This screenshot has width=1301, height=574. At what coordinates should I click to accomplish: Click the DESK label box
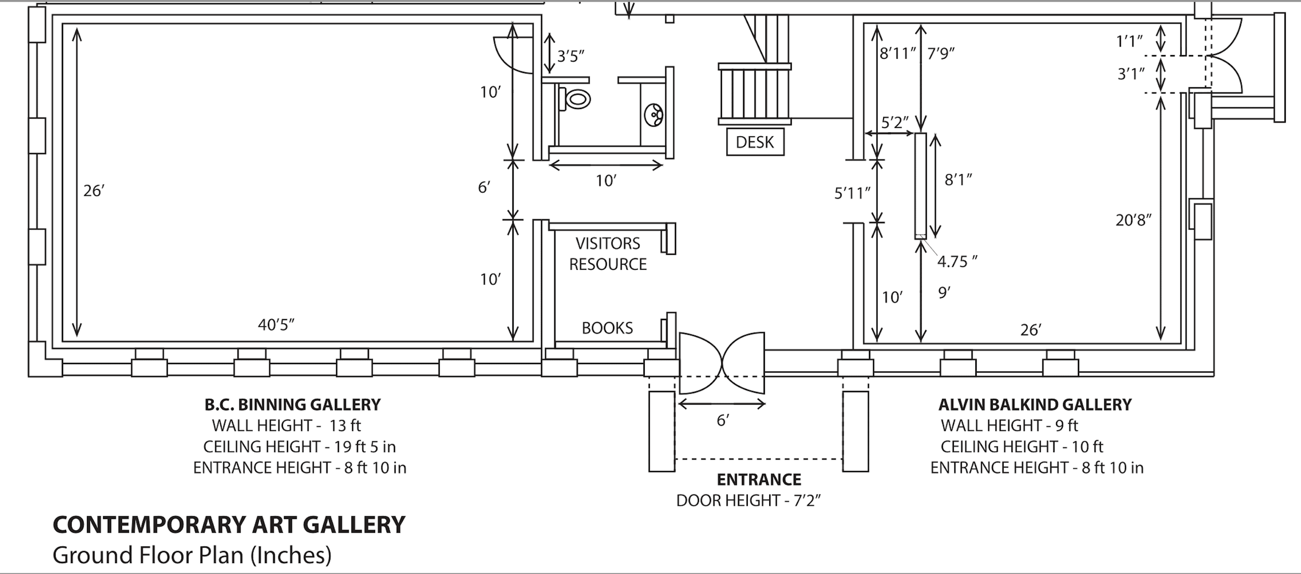pos(755,142)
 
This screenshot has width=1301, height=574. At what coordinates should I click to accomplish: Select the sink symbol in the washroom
pos(654,115)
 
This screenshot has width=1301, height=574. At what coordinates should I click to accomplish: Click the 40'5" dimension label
pos(276,325)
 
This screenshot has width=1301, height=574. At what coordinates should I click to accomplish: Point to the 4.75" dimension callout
pos(957,261)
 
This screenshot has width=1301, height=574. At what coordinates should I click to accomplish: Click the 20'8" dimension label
pos(1133,220)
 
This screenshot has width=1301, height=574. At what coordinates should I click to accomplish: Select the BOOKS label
pos(607,328)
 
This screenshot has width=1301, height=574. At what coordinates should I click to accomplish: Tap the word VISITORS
pos(608,243)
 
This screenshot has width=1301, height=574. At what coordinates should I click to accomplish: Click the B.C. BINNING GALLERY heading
pos(292,405)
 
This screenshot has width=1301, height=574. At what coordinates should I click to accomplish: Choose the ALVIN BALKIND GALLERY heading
pos(1035,405)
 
